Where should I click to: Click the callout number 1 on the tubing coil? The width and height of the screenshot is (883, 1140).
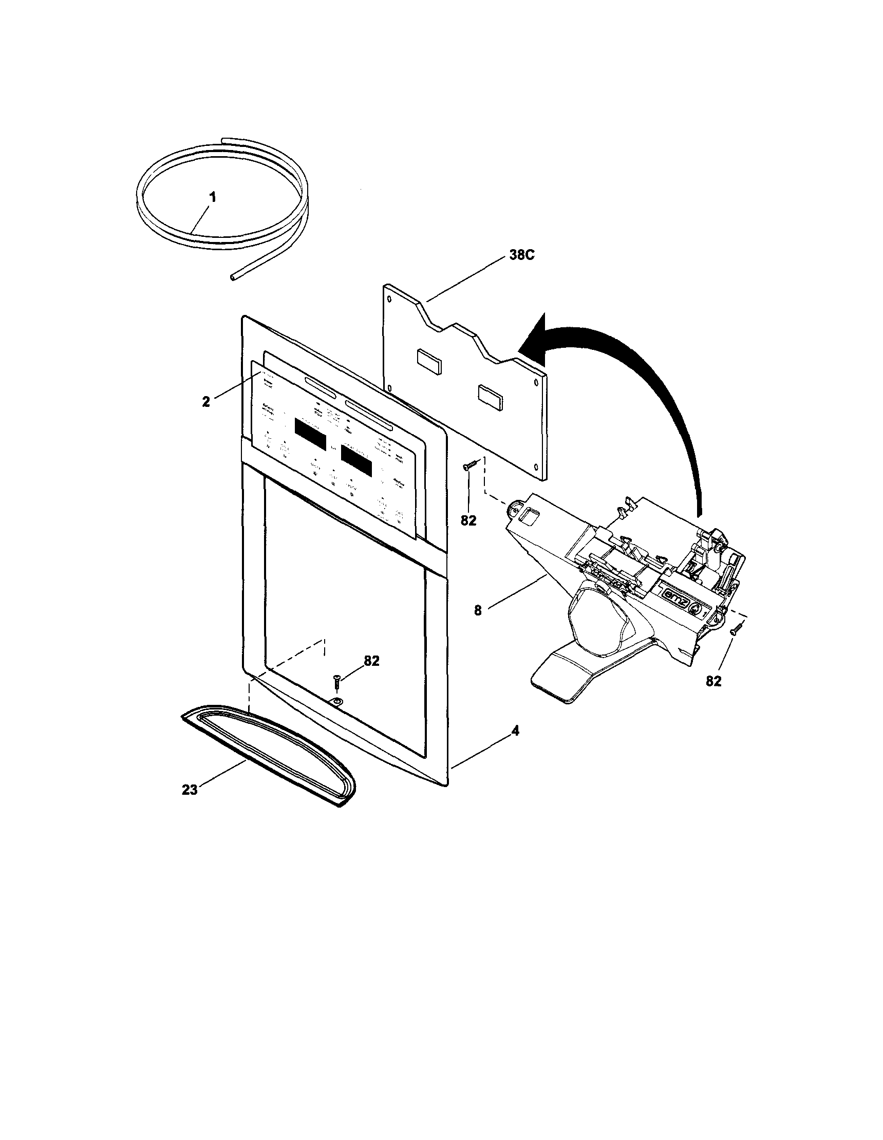click(x=212, y=198)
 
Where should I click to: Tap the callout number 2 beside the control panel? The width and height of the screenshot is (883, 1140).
click(x=206, y=402)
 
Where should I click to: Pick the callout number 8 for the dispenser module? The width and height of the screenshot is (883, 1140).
click(x=478, y=611)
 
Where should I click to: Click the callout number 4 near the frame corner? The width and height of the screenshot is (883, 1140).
click(x=515, y=731)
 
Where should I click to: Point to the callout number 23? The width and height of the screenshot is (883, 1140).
click(x=190, y=790)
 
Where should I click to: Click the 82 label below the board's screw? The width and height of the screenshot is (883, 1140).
click(x=468, y=520)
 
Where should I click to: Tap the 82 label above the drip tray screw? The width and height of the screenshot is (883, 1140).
click(x=371, y=661)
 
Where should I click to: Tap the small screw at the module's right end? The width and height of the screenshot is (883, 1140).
click(x=735, y=629)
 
